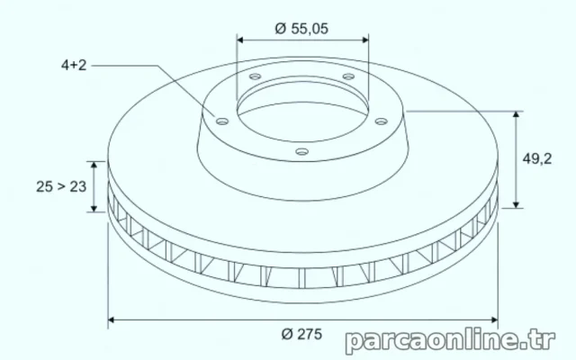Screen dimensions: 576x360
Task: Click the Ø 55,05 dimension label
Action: pyautogui.click(x=301, y=29)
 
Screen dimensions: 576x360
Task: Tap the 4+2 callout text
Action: pyautogui.click(x=74, y=65)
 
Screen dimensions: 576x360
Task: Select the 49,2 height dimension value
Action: pyautogui.click(x=537, y=158)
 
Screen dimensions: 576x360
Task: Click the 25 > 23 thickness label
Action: pyautogui.click(x=61, y=186)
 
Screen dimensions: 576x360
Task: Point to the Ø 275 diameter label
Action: pyautogui.click(x=301, y=334)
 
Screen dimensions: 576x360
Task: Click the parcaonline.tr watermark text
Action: pyautogui.click(x=450, y=340)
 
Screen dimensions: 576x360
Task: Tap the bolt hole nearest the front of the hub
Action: pyautogui.click(x=302, y=151)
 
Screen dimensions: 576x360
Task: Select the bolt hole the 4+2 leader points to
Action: pyautogui.click(x=222, y=121)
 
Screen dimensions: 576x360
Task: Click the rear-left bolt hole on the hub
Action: pyautogui.click(x=255, y=76)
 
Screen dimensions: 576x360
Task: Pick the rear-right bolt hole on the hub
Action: pyautogui.click(x=348, y=76)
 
